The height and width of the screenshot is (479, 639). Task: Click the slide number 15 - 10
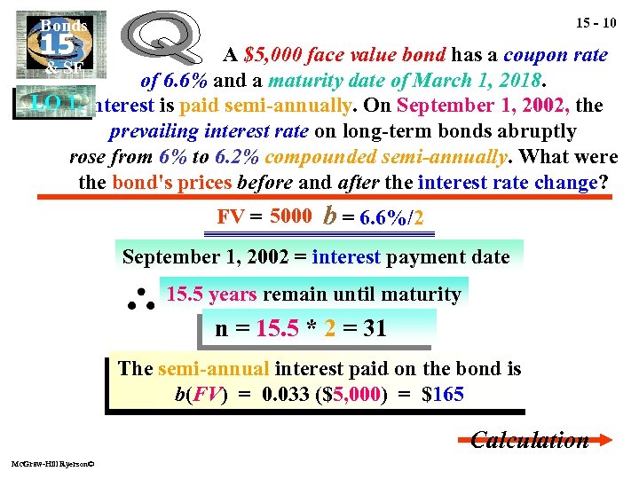click(x=583, y=19)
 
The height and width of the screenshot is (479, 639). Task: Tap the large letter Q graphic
click(x=170, y=43)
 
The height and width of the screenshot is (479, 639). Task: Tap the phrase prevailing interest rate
click(x=209, y=131)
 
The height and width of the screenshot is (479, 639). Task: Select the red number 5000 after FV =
click(x=290, y=216)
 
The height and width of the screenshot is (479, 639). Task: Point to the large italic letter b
click(x=330, y=216)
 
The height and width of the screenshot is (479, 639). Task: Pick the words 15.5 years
click(x=211, y=294)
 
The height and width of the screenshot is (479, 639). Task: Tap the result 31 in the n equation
click(x=375, y=329)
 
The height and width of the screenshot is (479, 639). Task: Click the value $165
click(x=444, y=395)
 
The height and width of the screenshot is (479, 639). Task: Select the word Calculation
click(x=529, y=440)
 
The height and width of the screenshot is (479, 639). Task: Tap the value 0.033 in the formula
click(x=287, y=395)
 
